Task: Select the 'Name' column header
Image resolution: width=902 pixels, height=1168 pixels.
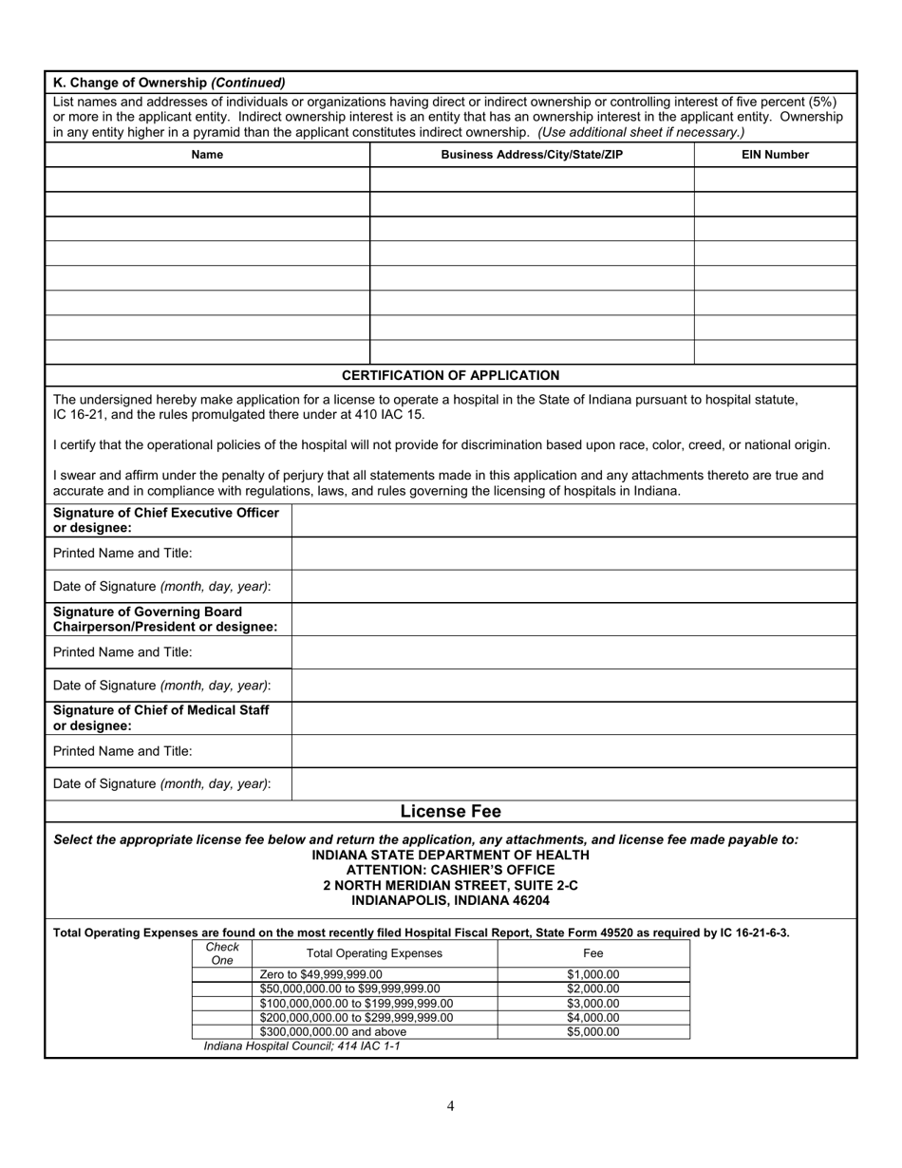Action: pyautogui.click(x=207, y=155)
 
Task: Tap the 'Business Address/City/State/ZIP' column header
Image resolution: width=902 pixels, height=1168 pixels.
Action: pyautogui.click(x=532, y=155)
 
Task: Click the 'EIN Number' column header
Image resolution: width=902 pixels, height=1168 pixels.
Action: pyautogui.click(x=775, y=155)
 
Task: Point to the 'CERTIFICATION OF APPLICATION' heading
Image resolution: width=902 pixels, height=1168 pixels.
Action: pyautogui.click(x=450, y=375)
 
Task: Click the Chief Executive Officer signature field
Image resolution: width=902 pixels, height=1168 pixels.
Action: pyautogui.click(x=573, y=520)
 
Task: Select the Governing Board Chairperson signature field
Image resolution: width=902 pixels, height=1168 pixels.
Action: pyautogui.click(x=573, y=619)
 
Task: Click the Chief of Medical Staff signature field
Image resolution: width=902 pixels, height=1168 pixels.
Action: pyautogui.click(x=573, y=718)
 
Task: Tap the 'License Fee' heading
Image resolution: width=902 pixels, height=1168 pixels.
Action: pyautogui.click(x=450, y=811)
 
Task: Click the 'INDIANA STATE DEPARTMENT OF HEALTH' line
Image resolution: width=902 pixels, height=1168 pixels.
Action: pyautogui.click(x=450, y=855)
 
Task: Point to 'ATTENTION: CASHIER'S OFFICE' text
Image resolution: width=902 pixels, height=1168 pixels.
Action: pyautogui.click(x=450, y=870)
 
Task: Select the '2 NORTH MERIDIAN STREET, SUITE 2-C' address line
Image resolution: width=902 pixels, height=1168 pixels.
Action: pyautogui.click(x=450, y=885)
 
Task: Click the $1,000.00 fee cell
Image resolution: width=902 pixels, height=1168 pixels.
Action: pyautogui.click(x=592, y=974)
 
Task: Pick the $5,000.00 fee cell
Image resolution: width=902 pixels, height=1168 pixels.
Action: pyautogui.click(x=592, y=1032)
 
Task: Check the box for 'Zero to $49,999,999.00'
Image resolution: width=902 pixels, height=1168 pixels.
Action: pyautogui.click(x=222, y=974)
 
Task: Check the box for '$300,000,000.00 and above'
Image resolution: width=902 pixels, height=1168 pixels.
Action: pyautogui.click(x=222, y=1032)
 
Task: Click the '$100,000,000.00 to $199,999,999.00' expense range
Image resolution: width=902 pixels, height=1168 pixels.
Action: pyautogui.click(x=356, y=1004)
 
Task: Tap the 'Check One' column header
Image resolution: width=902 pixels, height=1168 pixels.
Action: pyautogui.click(x=222, y=953)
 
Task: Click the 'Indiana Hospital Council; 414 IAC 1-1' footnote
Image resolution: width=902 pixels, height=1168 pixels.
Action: pyautogui.click(x=302, y=1046)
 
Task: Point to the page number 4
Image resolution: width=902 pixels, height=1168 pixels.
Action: pyautogui.click(x=450, y=1105)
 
